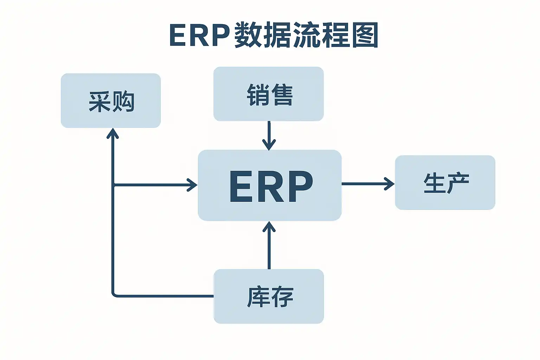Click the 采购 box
click(111, 101)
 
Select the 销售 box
click(269, 94)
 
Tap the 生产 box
click(445, 182)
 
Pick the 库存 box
click(269, 296)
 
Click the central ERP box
click(270, 185)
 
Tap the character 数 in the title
click(249, 35)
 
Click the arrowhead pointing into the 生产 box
click(390, 184)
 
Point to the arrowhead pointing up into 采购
click(113, 133)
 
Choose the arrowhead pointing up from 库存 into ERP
click(269, 227)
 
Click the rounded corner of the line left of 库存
click(114, 295)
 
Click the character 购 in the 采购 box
click(123, 101)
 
